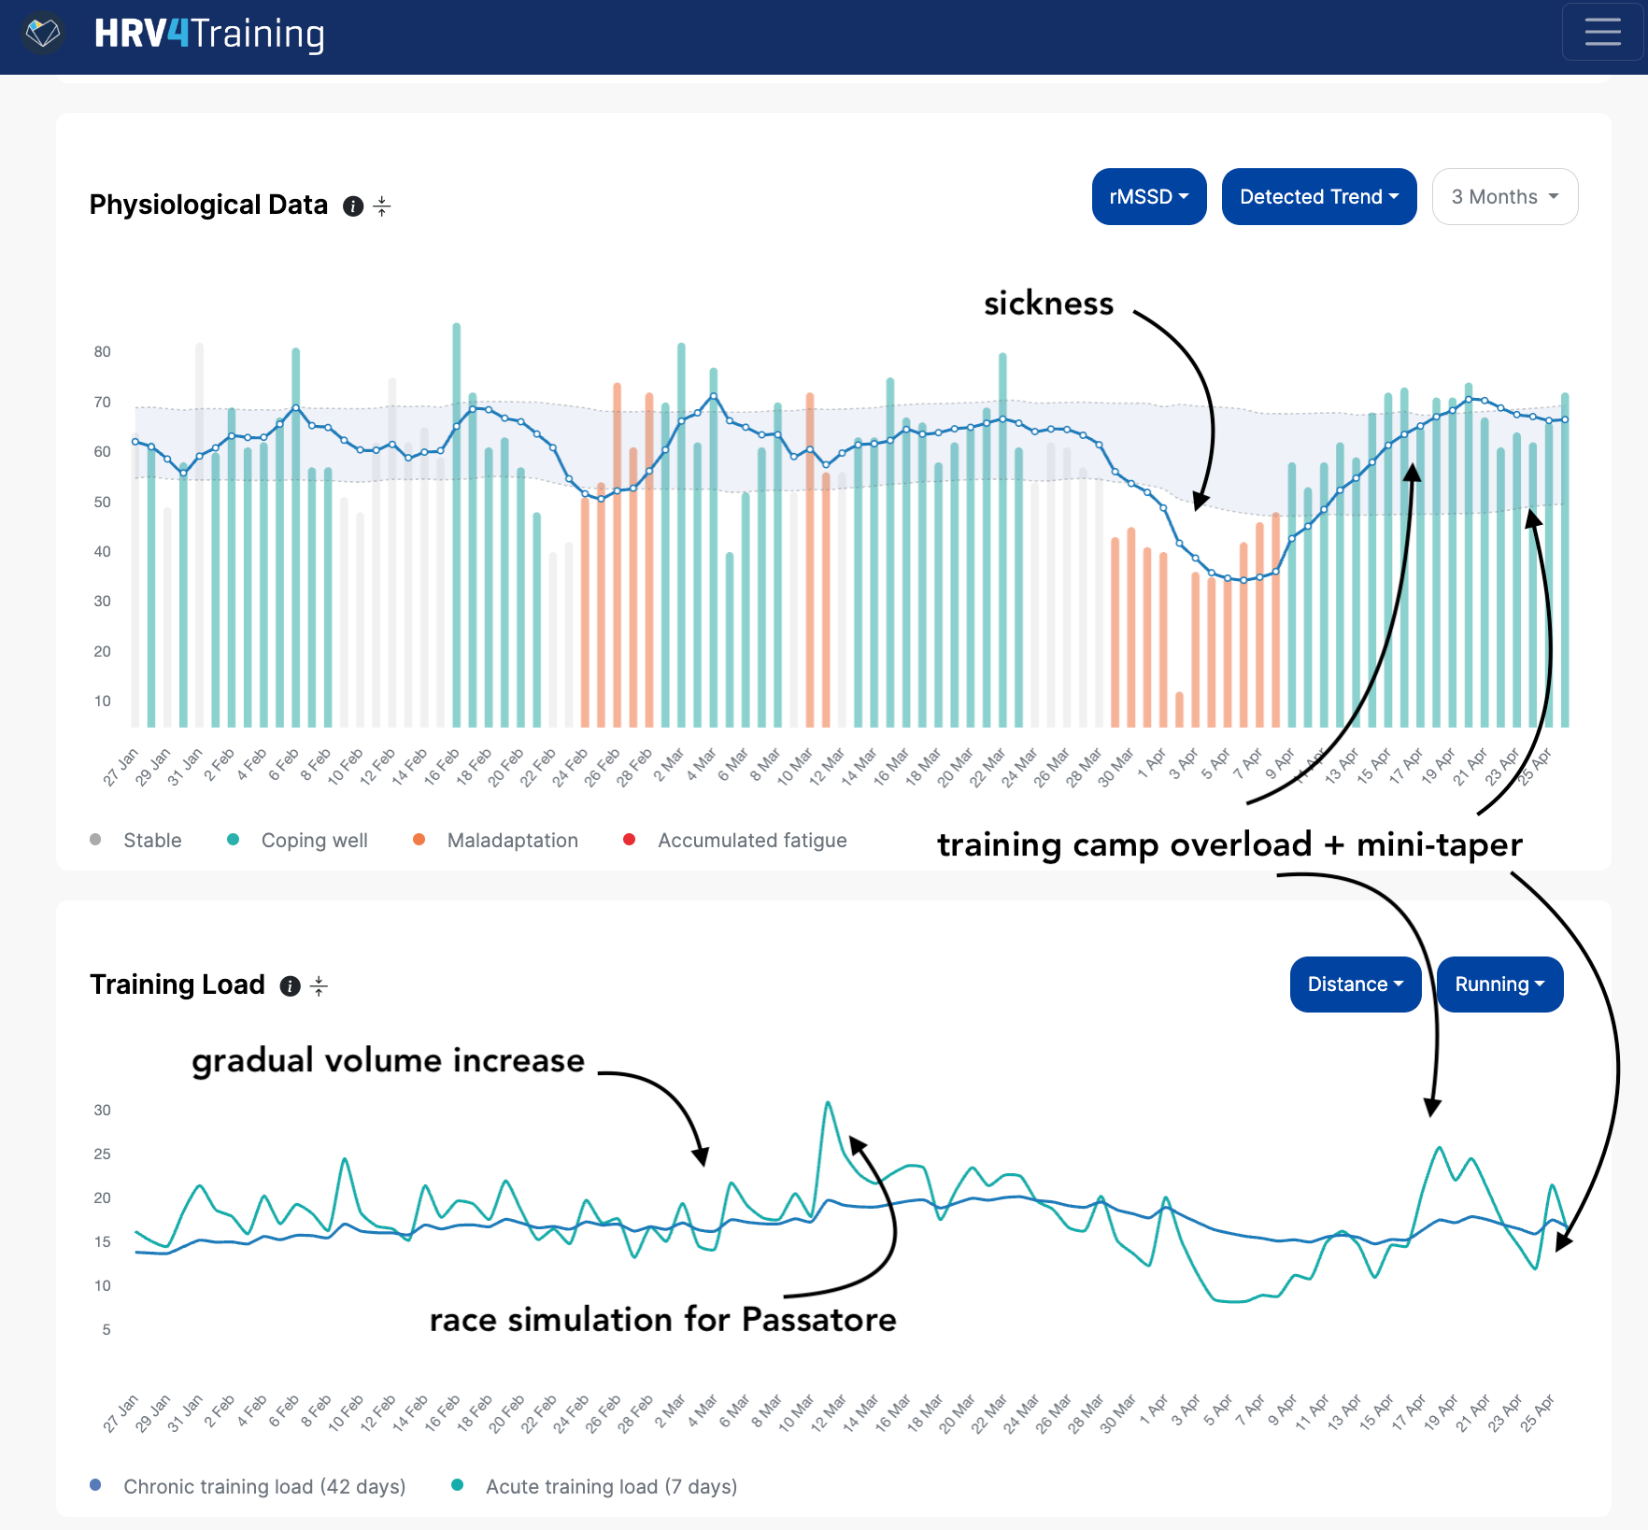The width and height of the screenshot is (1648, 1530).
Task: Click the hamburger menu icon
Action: click(1602, 33)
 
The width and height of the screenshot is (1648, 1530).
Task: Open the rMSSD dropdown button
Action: click(1148, 197)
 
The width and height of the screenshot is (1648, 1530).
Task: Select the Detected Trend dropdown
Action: click(1318, 197)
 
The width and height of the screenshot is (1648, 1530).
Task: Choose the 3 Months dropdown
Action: click(1504, 197)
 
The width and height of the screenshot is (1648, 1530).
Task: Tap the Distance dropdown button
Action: click(1355, 985)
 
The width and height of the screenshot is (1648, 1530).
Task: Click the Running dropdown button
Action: click(1499, 985)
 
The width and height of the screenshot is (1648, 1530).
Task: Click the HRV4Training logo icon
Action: click(43, 34)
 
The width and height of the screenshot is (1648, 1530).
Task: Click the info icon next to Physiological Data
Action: click(353, 206)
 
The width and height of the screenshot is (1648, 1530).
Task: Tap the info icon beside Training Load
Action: click(291, 986)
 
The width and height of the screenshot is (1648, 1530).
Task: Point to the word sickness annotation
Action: click(1048, 304)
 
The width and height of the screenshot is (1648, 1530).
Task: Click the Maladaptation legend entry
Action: click(512, 841)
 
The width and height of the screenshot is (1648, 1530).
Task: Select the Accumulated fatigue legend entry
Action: click(751, 841)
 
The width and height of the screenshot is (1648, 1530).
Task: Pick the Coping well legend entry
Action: click(314, 841)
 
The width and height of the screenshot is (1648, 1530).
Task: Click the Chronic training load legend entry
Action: click(263, 1487)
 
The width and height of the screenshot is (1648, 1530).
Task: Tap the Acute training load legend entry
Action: click(610, 1487)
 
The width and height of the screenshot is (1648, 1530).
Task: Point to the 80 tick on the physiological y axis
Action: click(102, 352)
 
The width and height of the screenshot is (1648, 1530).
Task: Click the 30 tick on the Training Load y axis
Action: click(102, 1111)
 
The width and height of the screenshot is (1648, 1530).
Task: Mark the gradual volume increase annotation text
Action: click(388, 1061)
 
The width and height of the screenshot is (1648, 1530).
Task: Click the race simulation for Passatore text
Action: click(662, 1320)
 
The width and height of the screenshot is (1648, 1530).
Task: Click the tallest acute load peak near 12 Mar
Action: click(828, 1104)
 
